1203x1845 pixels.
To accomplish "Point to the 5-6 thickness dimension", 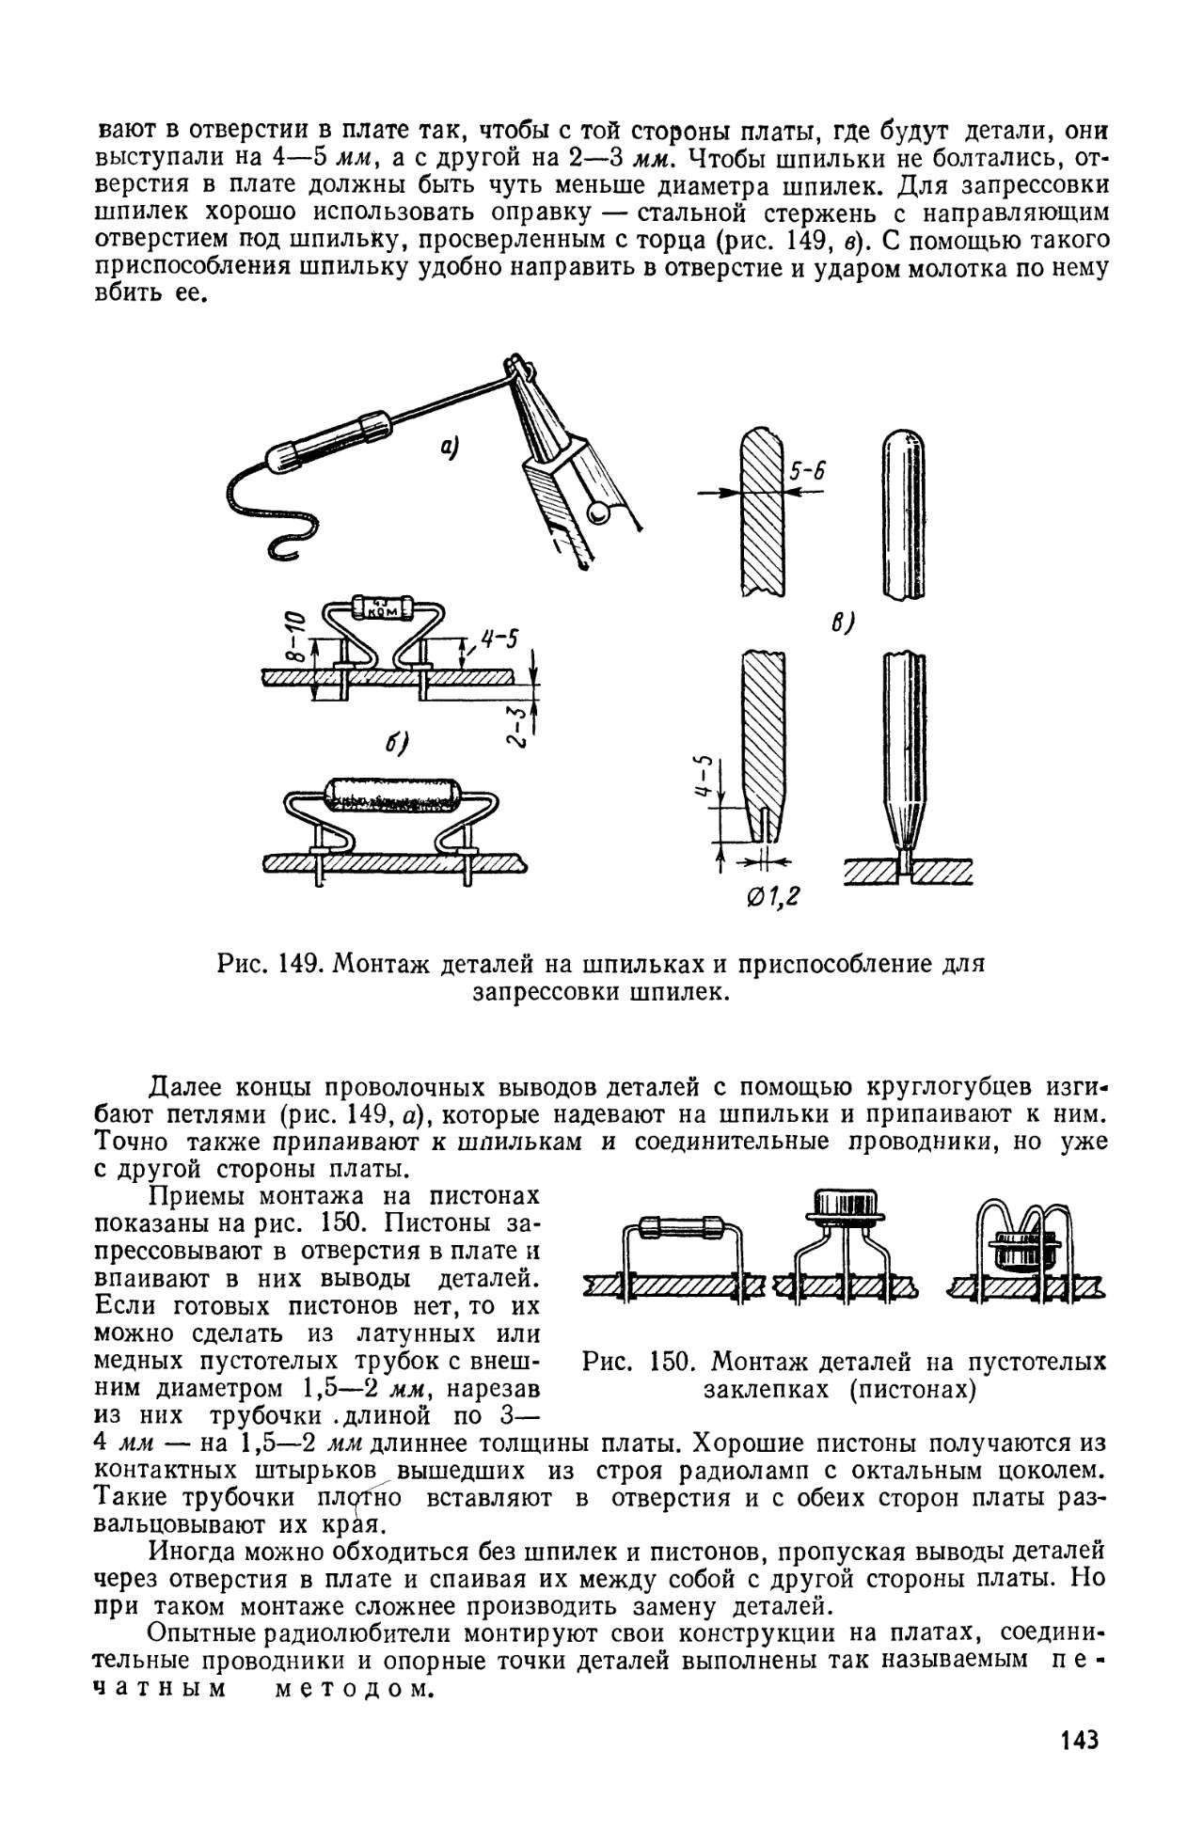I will (806, 472).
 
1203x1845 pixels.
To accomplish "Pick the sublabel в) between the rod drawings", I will (842, 623).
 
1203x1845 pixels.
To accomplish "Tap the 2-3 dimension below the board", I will (515, 724).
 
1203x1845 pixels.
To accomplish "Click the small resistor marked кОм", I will (381, 607).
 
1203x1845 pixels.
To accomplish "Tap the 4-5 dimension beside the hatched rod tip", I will (710, 778).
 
